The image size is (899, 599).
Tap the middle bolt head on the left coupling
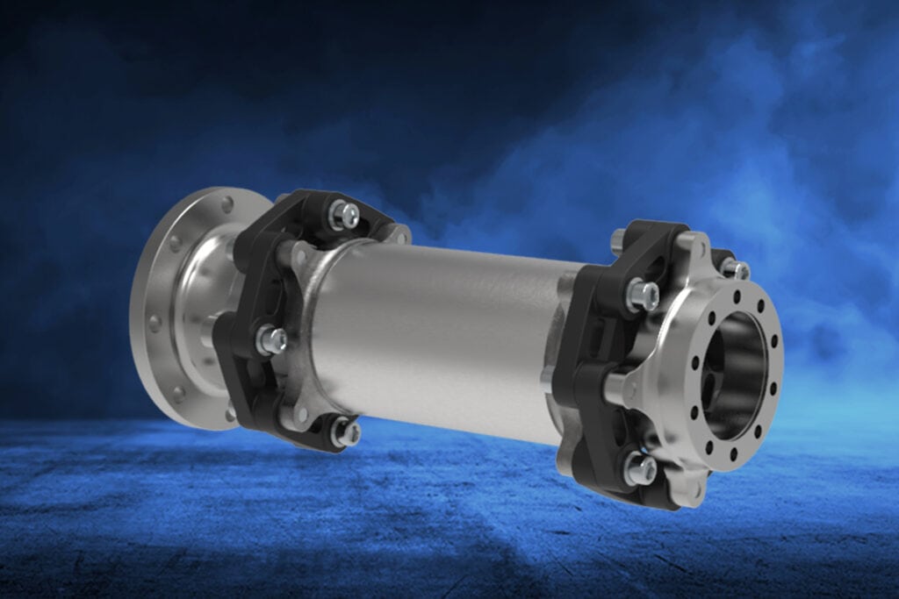[x=270, y=339]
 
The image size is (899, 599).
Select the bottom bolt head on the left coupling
[x=345, y=431]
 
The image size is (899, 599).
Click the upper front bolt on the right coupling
[x=643, y=294]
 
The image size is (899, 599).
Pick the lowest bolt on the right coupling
[x=640, y=468]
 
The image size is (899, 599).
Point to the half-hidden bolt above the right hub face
[x=735, y=268]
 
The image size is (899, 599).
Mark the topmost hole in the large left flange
[x=227, y=204]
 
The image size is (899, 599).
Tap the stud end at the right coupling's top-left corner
[x=618, y=238]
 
